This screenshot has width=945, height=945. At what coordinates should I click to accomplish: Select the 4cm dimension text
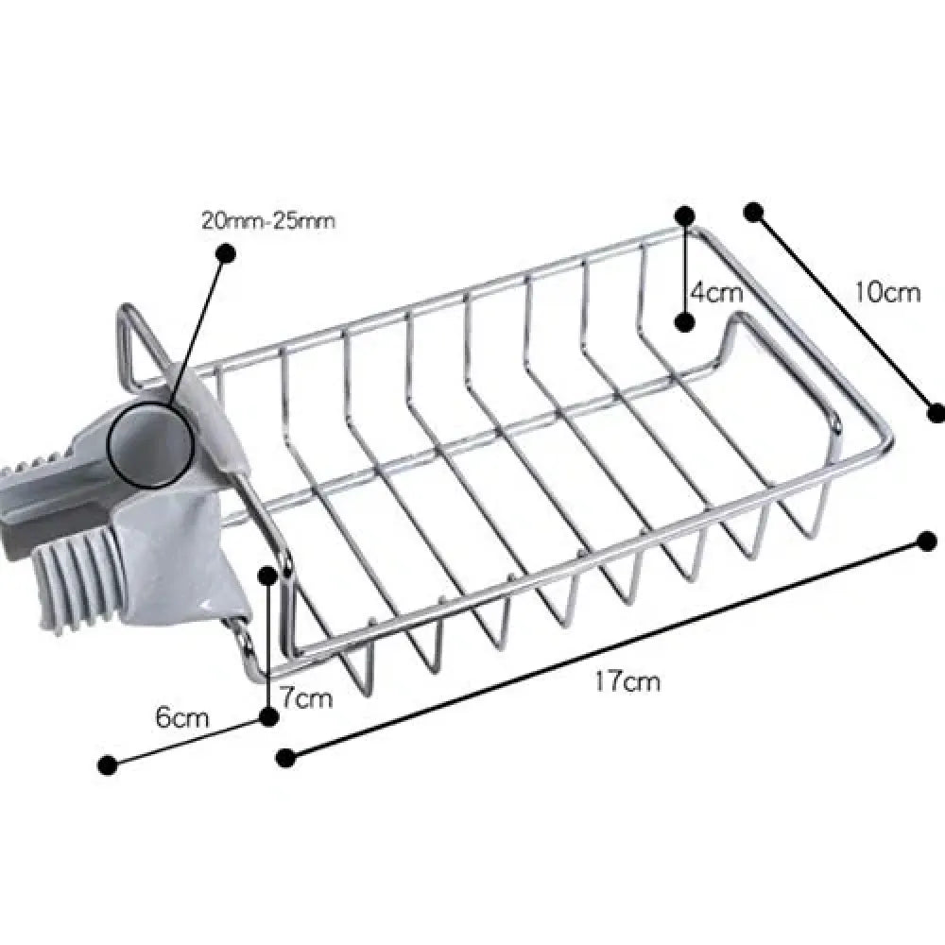715,292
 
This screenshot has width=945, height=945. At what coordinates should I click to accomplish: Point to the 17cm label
627,681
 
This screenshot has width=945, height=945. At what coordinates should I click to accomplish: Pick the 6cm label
181,717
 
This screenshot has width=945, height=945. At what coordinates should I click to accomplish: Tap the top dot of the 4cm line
685,215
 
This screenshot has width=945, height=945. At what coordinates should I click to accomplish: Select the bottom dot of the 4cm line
685,322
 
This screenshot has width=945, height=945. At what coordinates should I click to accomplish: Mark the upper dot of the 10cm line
753,212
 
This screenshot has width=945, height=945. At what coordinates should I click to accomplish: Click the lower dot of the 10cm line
936,411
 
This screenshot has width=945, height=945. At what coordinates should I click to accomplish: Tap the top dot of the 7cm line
268,575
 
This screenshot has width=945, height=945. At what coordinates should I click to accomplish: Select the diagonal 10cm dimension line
844,311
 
